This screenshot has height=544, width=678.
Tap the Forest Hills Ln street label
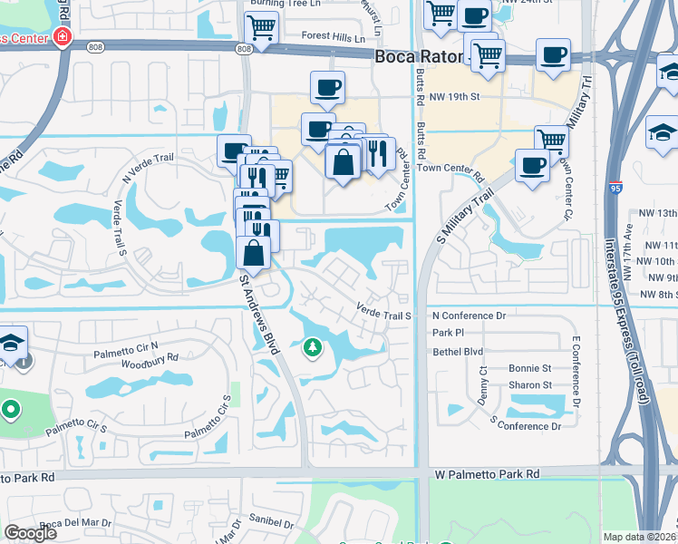click(334, 39)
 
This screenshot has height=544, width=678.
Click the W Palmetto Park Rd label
click(487, 474)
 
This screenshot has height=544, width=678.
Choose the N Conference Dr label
click(469, 316)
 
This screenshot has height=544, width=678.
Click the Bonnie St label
click(530, 368)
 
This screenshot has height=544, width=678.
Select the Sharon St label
click(530, 385)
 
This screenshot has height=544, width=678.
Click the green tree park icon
click(313, 347)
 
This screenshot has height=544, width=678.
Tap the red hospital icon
click(63, 37)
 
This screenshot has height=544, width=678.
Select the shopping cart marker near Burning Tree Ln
click(261, 26)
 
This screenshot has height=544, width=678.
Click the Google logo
click(30, 533)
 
